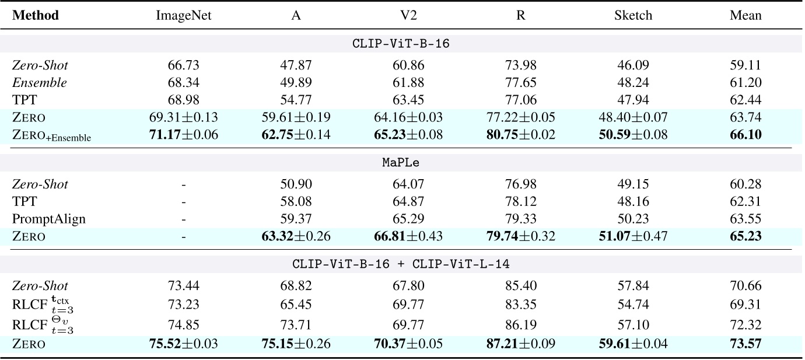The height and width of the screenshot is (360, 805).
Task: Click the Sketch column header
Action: tap(633, 15)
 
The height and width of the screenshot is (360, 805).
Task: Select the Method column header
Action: tap(36, 15)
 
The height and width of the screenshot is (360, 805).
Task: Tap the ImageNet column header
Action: tap(183, 15)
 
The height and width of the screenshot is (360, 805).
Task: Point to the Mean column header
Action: tap(745, 15)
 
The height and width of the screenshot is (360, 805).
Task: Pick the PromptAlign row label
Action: tap(49, 219)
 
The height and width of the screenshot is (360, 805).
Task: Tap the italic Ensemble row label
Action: tap(40, 82)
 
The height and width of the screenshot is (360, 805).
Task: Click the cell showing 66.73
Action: tap(183, 65)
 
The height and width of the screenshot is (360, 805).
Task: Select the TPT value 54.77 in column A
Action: tap(296, 100)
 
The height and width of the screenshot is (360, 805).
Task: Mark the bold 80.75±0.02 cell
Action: tap(520, 135)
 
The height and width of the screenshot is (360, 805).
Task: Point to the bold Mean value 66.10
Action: tap(745, 135)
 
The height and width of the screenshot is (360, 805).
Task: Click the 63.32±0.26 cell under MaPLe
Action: tap(296, 236)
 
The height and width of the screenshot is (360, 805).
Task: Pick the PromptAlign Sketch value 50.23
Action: tap(633, 219)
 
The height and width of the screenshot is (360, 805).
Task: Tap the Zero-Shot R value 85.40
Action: tap(520, 286)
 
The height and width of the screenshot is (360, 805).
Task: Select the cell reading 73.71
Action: tap(296, 325)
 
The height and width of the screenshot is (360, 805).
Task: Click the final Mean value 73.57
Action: tap(745, 344)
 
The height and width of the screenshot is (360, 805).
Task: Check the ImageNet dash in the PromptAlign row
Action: tap(183, 219)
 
